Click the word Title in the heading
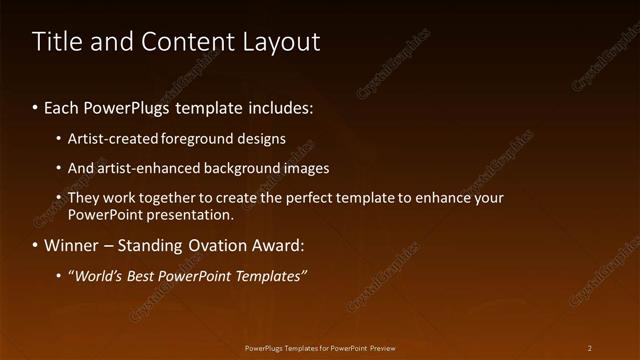(55, 41)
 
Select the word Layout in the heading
(279, 42)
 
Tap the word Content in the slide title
(184, 41)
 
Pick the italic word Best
(144, 276)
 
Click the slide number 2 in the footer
(590, 348)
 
